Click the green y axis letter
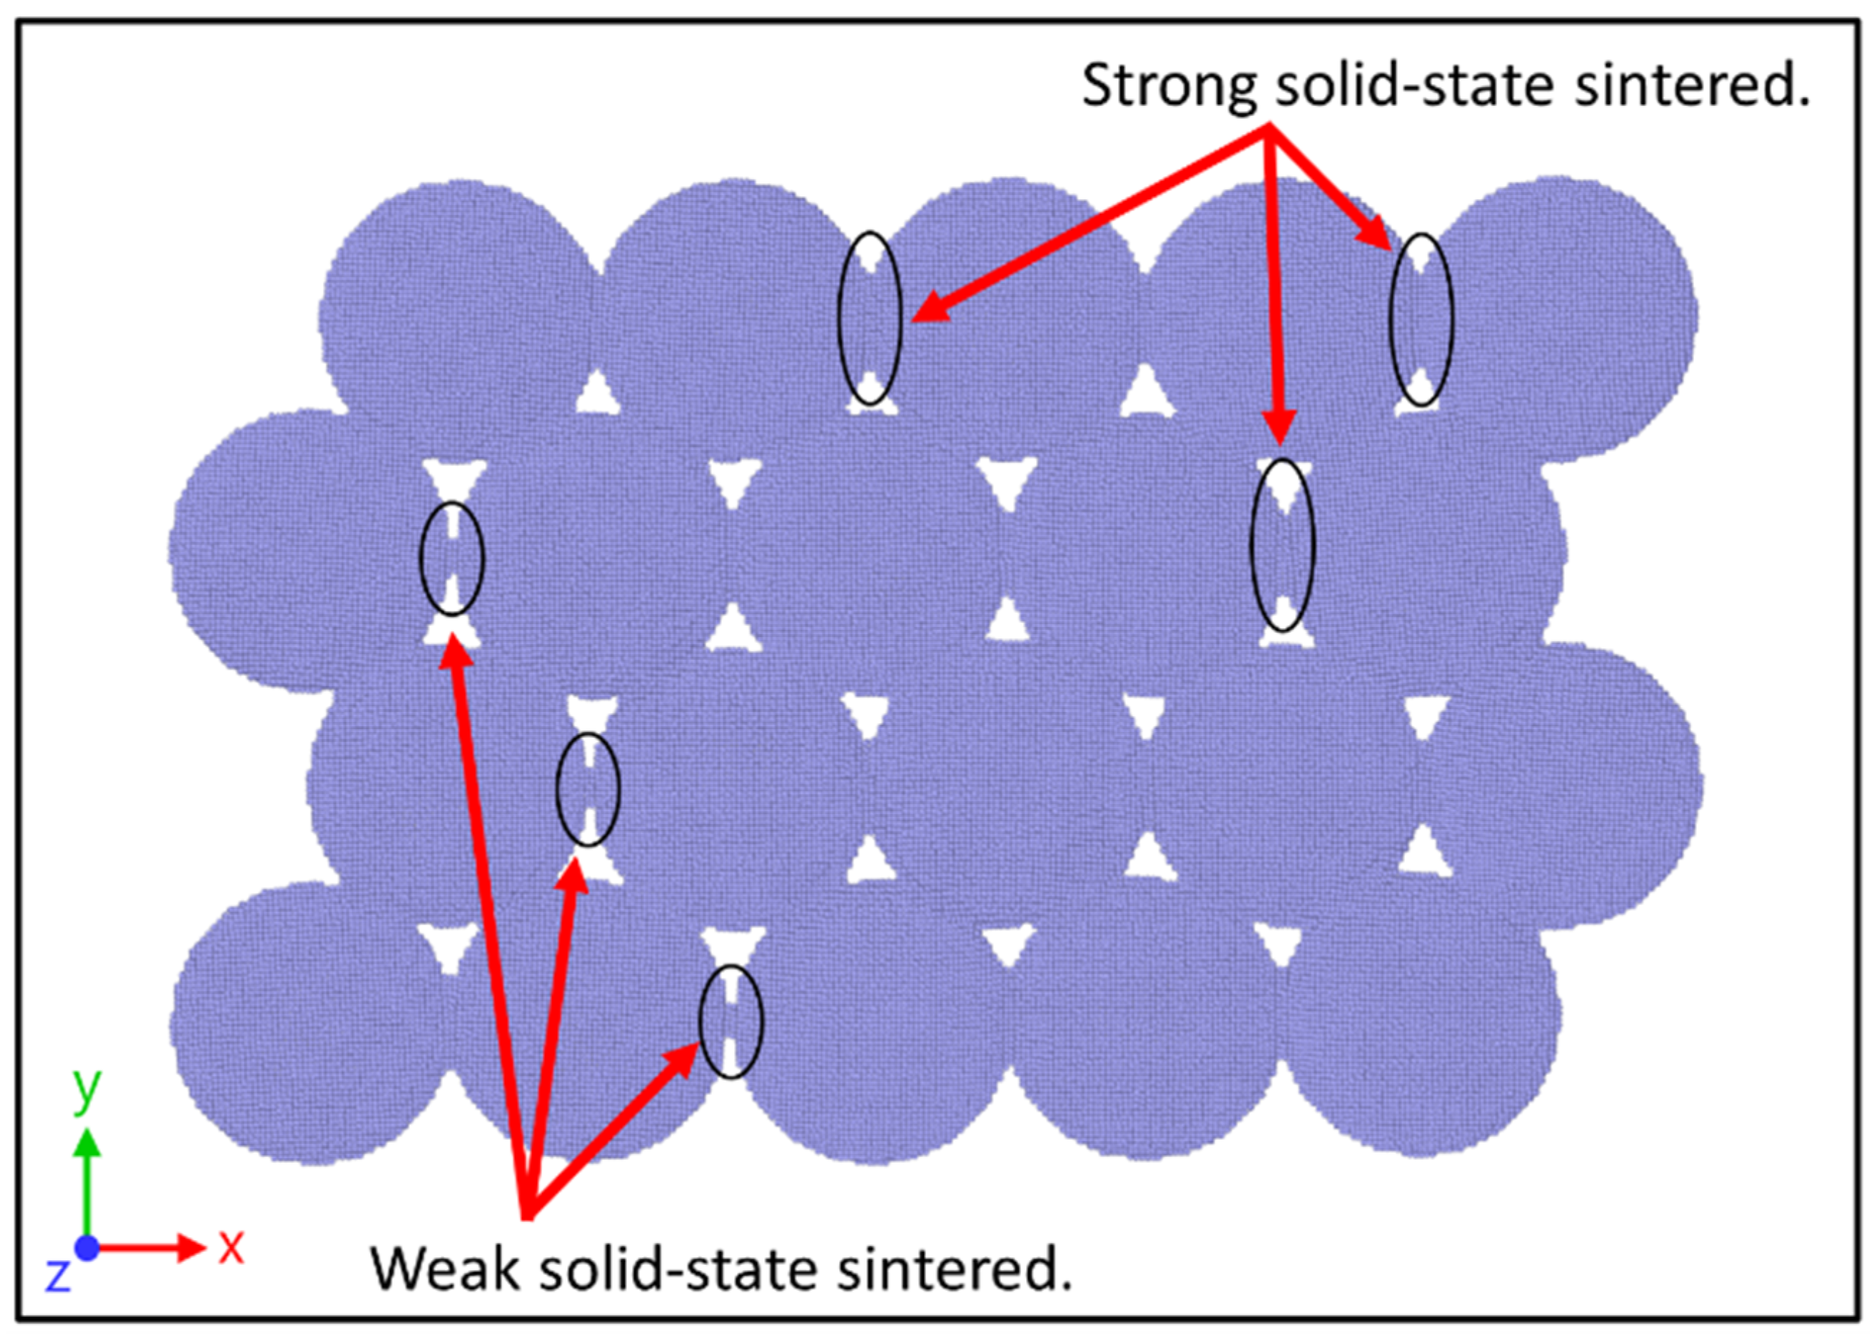[87, 1089]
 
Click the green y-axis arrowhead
[87, 1145]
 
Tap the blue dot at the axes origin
[87, 1248]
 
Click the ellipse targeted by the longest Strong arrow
[869, 318]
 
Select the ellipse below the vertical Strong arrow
[1281, 546]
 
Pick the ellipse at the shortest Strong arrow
[1420, 319]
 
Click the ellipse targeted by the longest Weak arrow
[452, 558]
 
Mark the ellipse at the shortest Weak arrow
[730, 1022]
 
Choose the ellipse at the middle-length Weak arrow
[587, 790]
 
